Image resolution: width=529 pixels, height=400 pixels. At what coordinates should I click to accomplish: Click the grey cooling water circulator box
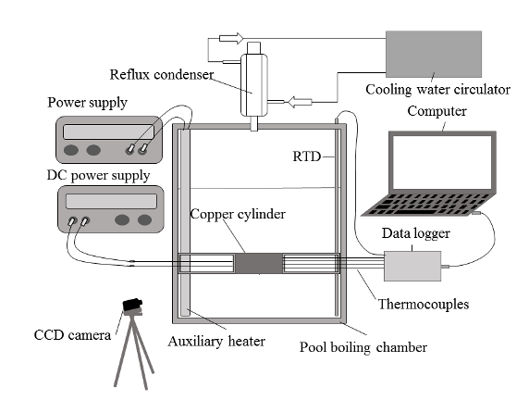click(x=434, y=54)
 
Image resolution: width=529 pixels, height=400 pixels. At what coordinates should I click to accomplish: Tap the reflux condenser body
click(x=254, y=85)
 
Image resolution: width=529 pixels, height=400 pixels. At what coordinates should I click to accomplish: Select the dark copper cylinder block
click(x=258, y=264)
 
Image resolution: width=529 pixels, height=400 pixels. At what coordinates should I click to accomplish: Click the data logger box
click(x=412, y=266)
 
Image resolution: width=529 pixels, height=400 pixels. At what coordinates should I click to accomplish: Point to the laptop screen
click(x=442, y=162)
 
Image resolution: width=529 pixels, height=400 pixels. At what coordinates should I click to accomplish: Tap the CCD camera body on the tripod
click(x=132, y=305)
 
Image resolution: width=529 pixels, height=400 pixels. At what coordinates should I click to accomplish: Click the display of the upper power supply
click(x=108, y=131)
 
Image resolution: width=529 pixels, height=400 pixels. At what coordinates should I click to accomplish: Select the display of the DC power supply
click(x=111, y=201)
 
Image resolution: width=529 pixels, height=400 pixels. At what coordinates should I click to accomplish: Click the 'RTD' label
click(x=306, y=156)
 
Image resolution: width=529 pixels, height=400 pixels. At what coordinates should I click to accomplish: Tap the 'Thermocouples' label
click(x=424, y=304)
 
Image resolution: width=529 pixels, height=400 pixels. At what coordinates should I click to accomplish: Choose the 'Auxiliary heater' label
click(x=216, y=342)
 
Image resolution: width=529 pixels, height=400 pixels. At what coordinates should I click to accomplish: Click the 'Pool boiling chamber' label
click(x=363, y=347)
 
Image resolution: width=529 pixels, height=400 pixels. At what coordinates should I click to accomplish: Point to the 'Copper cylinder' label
click(x=238, y=214)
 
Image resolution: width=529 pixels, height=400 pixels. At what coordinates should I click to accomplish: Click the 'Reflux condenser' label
click(x=162, y=75)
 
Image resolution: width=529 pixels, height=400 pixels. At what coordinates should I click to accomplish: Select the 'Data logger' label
click(x=415, y=233)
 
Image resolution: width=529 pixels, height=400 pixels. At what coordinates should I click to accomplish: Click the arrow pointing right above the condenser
click(x=231, y=38)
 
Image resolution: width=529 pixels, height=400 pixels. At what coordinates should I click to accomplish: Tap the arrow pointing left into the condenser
click(x=300, y=102)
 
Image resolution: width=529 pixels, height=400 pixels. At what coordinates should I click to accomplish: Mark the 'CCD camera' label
click(x=72, y=335)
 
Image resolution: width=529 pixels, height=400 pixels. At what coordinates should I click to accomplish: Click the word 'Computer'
click(x=437, y=111)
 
